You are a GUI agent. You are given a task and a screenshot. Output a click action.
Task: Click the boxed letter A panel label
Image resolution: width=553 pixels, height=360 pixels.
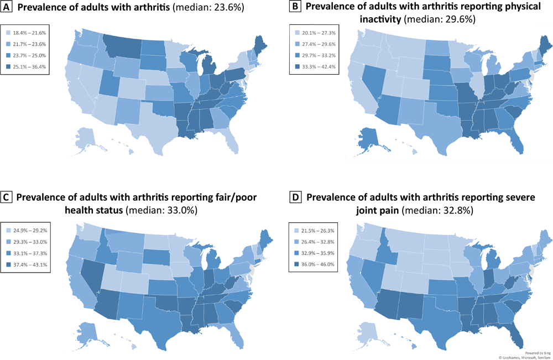pos(8,8)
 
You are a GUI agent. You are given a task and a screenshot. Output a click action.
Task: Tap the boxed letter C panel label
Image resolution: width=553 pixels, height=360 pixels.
pos(8,198)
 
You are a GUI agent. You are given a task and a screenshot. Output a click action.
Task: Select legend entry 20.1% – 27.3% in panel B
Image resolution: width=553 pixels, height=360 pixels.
pos(313,34)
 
